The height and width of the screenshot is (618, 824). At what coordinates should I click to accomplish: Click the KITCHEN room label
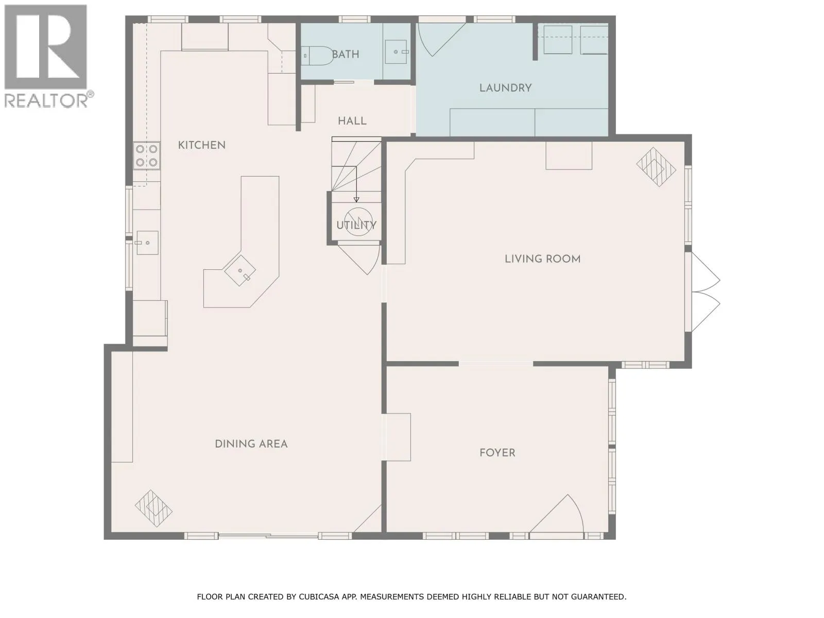201,145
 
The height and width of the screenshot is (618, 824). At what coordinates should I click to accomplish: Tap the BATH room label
346,55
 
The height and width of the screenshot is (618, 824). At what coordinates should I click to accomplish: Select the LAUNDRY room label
505,88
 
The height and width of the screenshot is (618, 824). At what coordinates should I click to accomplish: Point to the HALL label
352,121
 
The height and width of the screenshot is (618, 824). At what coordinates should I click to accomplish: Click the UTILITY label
356,225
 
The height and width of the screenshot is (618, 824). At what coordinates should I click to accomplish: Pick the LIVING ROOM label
542,259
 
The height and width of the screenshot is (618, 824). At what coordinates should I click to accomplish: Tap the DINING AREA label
251,444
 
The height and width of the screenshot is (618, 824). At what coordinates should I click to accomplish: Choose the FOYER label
497,453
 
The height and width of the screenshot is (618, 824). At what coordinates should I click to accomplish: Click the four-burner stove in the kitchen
147,156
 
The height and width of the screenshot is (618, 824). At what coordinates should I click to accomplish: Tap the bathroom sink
397,52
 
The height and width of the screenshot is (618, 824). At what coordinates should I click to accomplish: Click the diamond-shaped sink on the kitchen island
240,270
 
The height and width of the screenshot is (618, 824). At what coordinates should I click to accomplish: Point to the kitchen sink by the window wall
147,243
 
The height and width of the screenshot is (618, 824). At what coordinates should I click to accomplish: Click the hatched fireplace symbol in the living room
656,166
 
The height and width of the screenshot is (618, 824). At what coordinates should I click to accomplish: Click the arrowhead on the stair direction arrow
356,200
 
